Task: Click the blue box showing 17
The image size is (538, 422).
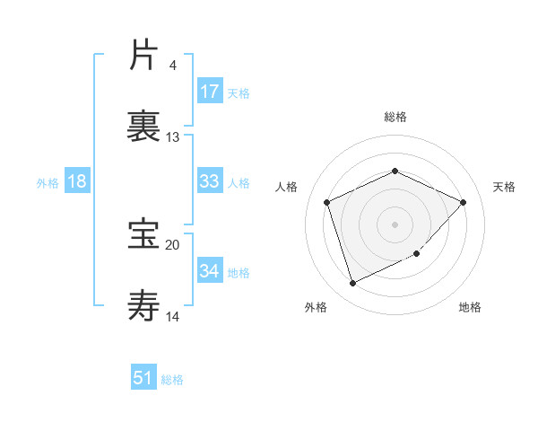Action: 210,92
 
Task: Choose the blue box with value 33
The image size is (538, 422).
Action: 210,181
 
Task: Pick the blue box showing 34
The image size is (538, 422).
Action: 210,271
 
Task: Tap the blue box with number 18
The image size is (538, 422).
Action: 77,181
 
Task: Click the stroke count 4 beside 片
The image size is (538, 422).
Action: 172,66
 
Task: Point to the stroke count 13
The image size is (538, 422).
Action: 173,137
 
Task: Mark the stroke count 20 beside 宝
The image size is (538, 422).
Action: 173,244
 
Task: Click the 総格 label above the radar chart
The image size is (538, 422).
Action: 395,117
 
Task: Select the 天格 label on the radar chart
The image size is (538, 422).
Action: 505,187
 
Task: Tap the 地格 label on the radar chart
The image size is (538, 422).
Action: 470,307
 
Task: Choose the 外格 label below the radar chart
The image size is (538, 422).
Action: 316,307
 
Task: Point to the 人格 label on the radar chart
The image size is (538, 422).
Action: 287,187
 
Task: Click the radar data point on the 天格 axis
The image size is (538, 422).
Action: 463,202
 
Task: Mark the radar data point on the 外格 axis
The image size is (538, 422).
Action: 353,284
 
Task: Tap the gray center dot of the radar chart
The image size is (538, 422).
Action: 395,224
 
